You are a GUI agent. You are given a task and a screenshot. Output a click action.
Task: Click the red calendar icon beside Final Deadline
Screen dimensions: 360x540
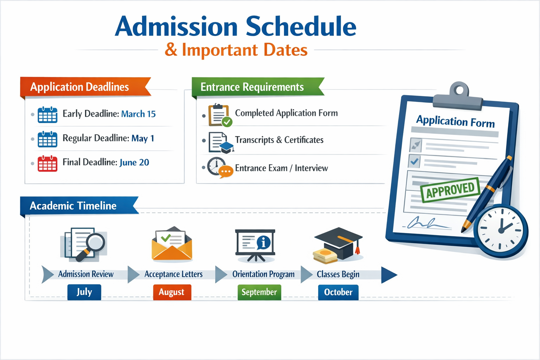coord(47,163)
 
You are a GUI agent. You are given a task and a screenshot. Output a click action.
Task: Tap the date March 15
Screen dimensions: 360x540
coord(138,114)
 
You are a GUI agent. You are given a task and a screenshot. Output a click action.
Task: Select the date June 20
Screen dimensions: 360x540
coord(134,162)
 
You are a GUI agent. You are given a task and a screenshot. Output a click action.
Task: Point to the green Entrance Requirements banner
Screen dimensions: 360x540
coord(255,87)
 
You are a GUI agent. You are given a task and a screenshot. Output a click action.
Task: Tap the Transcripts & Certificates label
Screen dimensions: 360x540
coord(279,140)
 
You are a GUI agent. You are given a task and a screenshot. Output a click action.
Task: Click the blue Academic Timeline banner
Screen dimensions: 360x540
coord(76,206)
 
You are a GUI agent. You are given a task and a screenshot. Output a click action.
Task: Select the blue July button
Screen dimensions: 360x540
coord(84,292)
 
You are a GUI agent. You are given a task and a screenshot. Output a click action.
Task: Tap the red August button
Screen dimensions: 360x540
coord(172,292)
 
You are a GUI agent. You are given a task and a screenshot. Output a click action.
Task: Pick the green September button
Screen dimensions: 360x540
coord(259,292)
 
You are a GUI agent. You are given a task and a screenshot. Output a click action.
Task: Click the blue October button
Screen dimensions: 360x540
coord(338,292)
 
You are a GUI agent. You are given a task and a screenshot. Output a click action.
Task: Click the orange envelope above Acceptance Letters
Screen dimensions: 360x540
coord(172,245)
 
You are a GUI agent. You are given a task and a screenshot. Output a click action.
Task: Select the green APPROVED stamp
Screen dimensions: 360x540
coord(450,190)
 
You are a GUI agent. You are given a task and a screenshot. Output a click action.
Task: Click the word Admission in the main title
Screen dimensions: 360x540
coord(176,27)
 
